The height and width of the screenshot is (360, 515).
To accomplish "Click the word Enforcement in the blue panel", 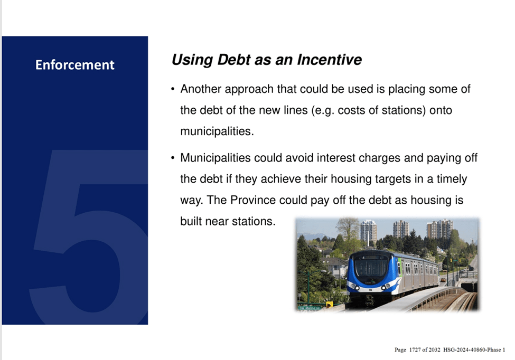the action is (75, 64).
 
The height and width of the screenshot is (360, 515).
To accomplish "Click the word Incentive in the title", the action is (330, 60).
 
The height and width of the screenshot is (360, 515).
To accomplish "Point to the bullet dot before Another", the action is (173, 89).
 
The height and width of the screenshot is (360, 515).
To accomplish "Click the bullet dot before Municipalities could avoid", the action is (173, 158).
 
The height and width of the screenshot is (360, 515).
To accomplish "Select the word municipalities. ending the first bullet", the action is (217, 131).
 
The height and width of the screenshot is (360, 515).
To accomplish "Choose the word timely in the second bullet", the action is (452, 179).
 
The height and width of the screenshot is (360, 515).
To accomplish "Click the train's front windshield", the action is (371, 266).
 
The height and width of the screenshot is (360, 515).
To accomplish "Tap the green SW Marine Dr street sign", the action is (310, 308).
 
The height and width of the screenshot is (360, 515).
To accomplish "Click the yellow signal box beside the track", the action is (330, 305).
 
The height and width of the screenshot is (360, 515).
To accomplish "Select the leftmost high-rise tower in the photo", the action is (368, 232).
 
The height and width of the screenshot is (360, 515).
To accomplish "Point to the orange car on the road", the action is (443, 280).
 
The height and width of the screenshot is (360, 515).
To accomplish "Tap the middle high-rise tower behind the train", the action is (401, 229).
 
